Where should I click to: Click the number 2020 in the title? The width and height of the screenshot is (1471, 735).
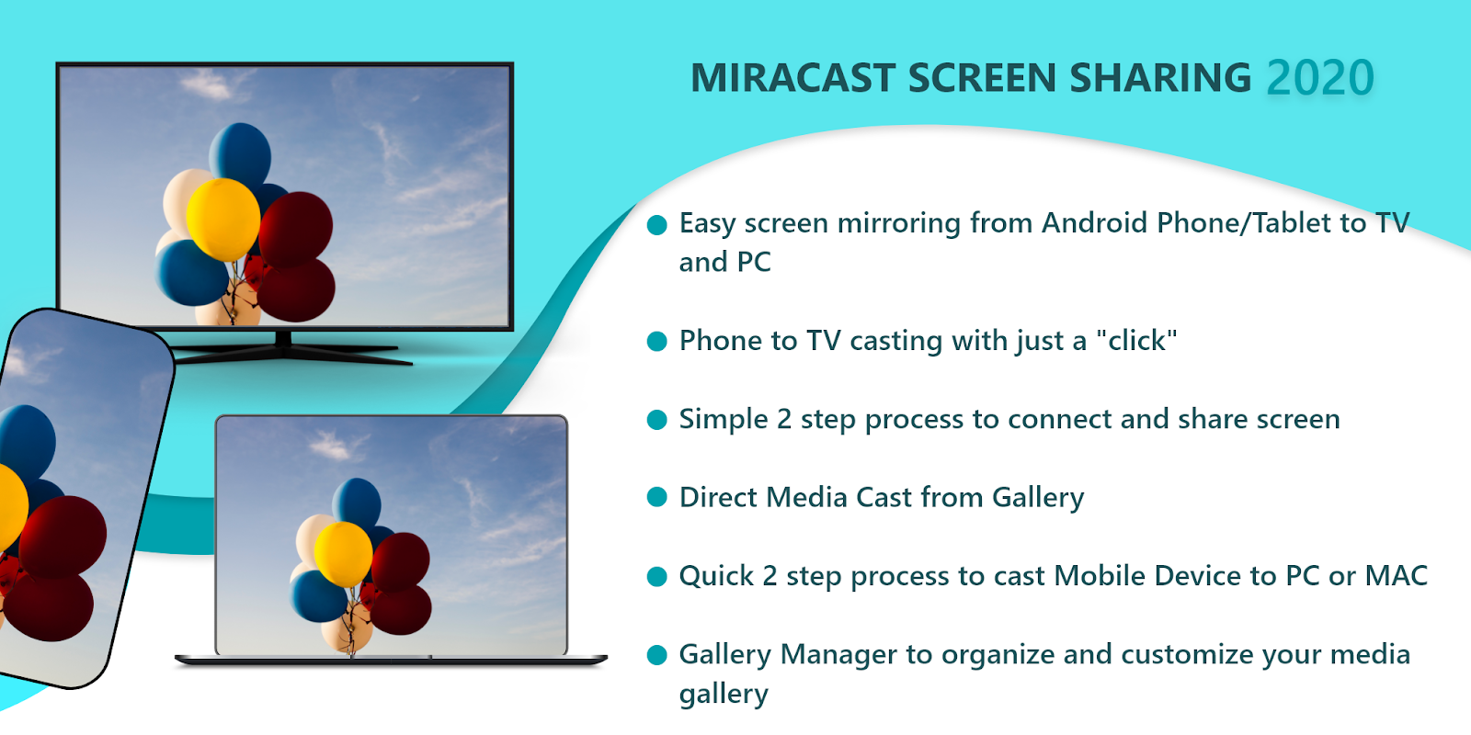tap(1320, 78)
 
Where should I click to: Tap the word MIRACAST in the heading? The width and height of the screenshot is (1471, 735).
tap(793, 78)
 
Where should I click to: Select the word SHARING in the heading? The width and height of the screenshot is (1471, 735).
tap(1160, 78)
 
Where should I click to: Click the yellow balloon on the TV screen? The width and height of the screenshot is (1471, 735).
tap(223, 220)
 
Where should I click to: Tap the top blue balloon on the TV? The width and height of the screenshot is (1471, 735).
tap(240, 156)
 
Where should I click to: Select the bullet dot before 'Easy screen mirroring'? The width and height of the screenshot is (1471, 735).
tap(656, 224)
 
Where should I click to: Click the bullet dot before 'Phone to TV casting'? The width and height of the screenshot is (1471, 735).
tap(656, 341)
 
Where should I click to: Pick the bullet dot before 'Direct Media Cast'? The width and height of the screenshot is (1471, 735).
tap(656, 497)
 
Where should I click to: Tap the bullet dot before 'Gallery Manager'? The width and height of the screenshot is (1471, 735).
tap(656, 655)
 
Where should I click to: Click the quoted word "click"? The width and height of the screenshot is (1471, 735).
tap(1136, 341)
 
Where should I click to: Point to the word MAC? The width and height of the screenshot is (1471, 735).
tap(1397, 575)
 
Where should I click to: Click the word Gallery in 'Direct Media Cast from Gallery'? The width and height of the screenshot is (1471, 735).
tap(1038, 498)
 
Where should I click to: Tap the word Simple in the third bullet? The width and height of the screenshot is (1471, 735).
tap(723, 420)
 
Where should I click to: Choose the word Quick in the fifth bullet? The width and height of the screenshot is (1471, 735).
tap(716, 576)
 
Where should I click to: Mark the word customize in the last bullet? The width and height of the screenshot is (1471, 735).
tap(1221, 655)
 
